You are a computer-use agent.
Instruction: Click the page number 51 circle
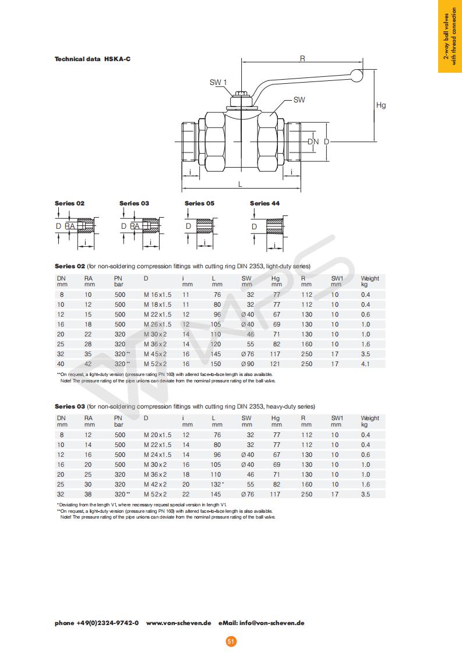coord(231,641)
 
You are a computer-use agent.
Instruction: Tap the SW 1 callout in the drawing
coord(217,83)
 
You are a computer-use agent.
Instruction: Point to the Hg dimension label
coord(381,105)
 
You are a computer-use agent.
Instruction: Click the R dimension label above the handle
coord(302,58)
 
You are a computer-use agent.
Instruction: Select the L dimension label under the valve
coord(240,184)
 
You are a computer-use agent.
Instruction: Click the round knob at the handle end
coord(355,74)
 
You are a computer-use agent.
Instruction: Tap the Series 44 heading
coord(264,203)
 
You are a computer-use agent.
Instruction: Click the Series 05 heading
coord(199,203)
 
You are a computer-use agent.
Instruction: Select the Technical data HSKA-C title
coord(92,59)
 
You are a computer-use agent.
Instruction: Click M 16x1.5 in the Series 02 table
coord(157,294)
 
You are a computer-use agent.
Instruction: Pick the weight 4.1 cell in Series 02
coord(365,364)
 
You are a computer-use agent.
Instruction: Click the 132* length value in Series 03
coord(217,484)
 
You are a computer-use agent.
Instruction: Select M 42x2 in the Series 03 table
coord(155,484)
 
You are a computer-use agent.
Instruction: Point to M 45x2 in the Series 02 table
coord(155,354)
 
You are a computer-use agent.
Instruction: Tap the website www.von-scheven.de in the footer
coord(178,623)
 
